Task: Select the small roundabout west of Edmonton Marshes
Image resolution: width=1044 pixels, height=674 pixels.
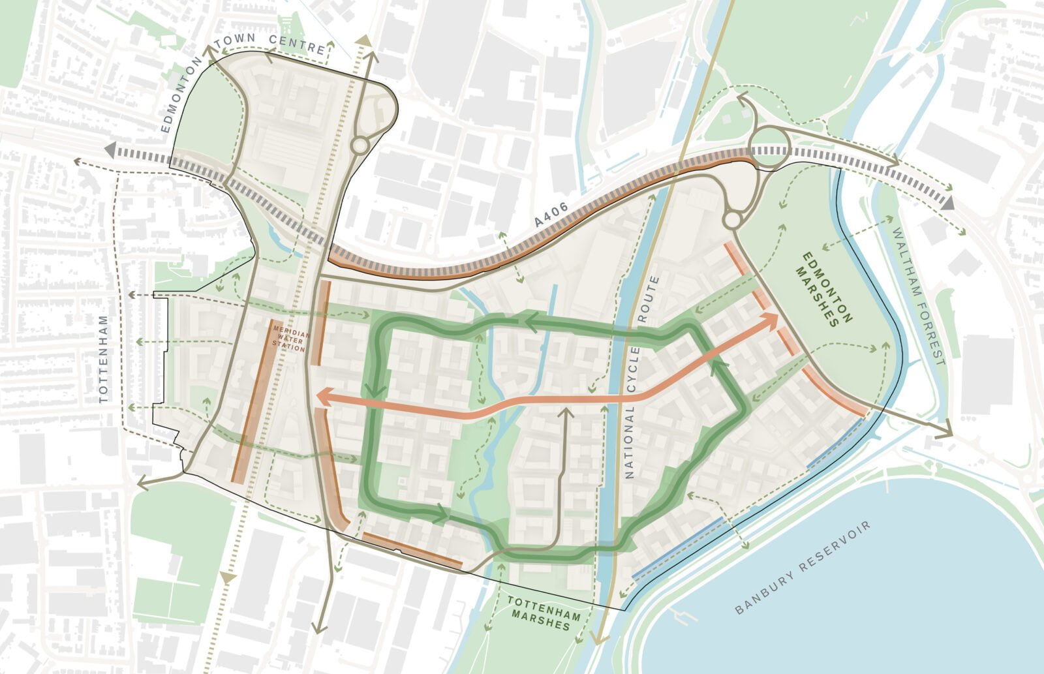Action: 732,220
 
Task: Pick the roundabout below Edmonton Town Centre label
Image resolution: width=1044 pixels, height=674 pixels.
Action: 360,145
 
